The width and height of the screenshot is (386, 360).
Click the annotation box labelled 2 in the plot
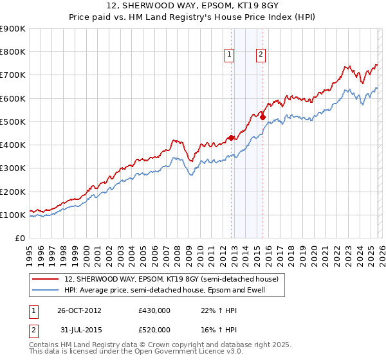click(x=261, y=55)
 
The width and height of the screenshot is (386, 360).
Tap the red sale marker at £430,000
click(x=231, y=138)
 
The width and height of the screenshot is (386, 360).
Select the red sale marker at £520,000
click(x=262, y=117)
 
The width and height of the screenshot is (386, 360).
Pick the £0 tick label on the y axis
click(x=19, y=238)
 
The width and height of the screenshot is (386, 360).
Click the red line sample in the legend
click(x=46, y=279)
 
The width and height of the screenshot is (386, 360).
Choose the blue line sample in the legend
click(x=46, y=291)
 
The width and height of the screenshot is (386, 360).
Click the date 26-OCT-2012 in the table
click(x=78, y=310)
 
